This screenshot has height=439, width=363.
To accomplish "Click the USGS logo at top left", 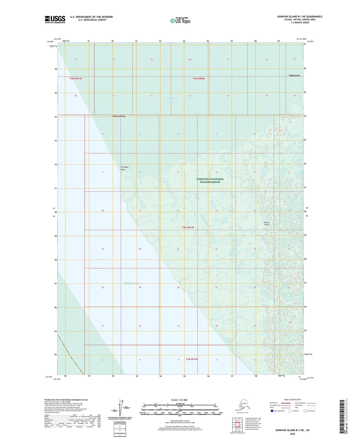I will (x=55, y=19).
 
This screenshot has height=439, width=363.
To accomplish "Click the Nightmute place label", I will (x=294, y=75).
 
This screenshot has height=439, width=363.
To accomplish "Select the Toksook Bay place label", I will (x=119, y=116).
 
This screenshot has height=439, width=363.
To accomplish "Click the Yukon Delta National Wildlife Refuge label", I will (x=210, y=181).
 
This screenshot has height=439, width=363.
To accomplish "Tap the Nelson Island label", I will (x=267, y=223).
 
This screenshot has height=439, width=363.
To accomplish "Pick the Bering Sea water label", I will (x=132, y=283).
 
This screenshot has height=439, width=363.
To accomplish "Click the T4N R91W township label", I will (x=188, y=227).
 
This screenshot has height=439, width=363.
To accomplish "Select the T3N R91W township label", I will (x=192, y=359).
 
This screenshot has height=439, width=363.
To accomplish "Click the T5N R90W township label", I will (x=199, y=78).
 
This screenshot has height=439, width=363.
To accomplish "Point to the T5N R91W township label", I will (x=76, y=78).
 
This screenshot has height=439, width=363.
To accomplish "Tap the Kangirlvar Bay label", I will (x=172, y=100).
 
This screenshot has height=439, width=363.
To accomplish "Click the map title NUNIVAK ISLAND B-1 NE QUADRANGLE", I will (x=300, y=17).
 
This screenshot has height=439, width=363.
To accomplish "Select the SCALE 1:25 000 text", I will (x=179, y=400).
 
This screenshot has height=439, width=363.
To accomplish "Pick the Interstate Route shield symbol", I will (x=272, y=411).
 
